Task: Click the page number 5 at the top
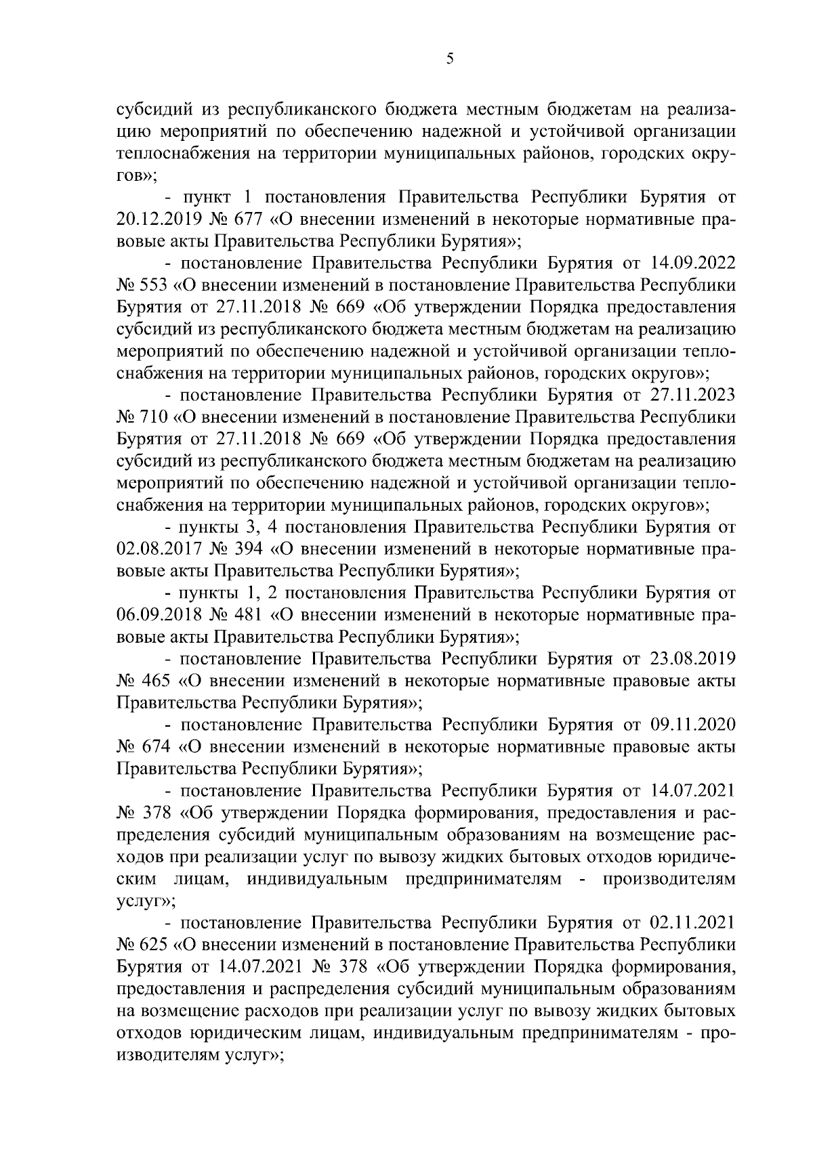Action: point(450,60)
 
